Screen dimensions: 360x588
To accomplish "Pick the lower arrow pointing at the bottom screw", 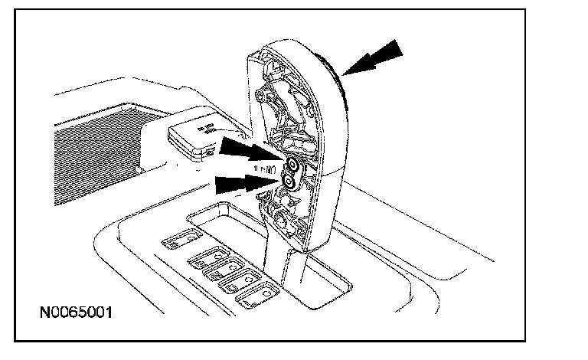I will click(244, 182).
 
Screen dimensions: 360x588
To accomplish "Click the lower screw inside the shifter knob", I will click(289, 181).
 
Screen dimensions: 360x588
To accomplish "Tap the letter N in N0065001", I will click(46, 314).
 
